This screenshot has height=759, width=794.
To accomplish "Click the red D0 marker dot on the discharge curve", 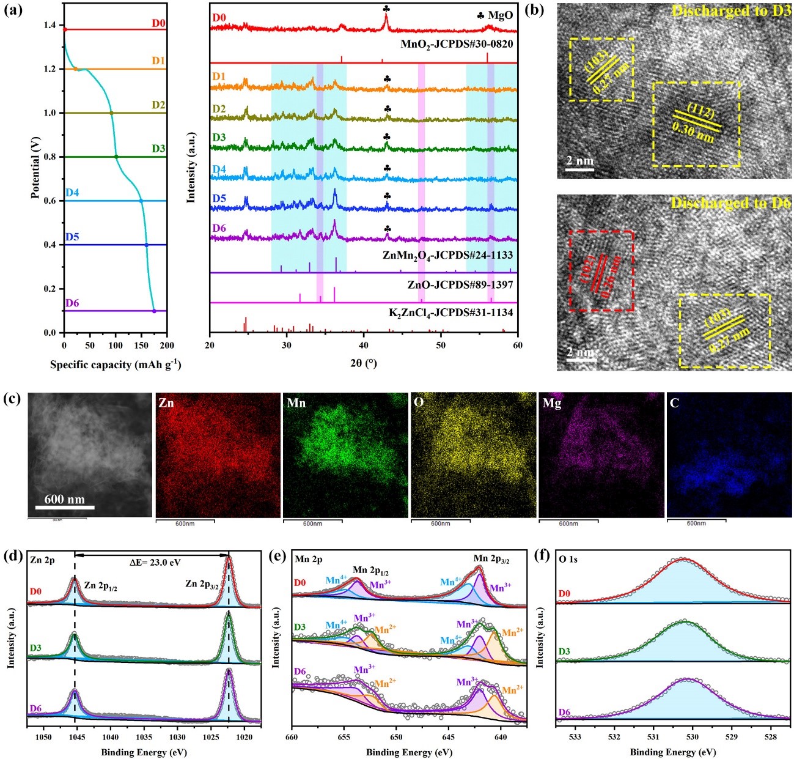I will (64, 29).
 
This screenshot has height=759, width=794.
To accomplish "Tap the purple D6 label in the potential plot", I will (72, 303).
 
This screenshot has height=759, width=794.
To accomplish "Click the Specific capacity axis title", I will (116, 365).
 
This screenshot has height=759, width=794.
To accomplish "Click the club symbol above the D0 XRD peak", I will (386, 9).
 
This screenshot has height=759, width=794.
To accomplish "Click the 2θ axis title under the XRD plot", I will (364, 363).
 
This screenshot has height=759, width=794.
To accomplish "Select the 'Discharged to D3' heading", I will (731, 10).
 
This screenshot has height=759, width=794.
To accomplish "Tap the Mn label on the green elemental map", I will (296, 403).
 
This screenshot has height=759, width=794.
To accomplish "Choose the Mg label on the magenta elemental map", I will (551, 404).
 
